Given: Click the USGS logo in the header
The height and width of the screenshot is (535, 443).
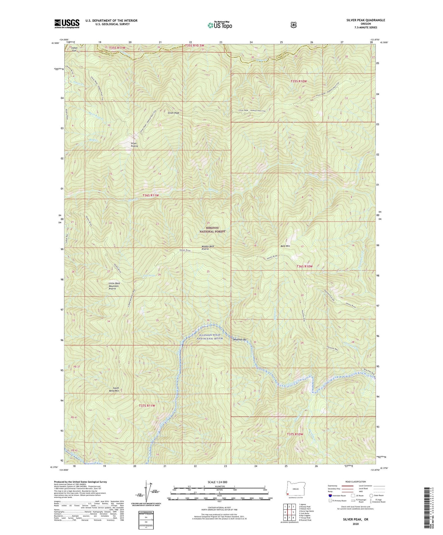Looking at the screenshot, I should click(67, 24).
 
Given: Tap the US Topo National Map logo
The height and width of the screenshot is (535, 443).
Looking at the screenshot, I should click(220, 25).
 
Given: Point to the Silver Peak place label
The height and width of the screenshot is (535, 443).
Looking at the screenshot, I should click(173, 113).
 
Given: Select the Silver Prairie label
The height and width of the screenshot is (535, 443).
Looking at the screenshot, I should click(134, 145).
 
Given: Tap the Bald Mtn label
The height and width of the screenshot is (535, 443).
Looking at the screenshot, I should click(285, 246).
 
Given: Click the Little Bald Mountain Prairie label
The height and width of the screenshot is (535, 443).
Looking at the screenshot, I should click(114, 286).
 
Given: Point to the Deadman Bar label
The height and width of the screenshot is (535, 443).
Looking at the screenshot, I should click(239, 340).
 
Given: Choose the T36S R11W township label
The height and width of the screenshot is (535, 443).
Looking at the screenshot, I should click(151, 195).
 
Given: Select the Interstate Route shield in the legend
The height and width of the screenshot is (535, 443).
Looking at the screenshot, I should click(330, 495).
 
